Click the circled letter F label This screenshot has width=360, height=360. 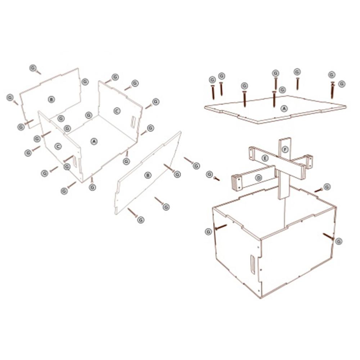285,150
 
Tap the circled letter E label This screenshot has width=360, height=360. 265,158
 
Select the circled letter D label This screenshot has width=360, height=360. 259,178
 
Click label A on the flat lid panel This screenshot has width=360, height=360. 284,109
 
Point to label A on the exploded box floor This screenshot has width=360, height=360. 94,141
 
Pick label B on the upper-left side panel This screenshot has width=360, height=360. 51,99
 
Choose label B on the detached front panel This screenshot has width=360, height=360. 148,175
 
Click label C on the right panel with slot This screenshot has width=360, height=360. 117,111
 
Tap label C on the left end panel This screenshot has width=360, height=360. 58,146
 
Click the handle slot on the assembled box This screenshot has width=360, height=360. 253,265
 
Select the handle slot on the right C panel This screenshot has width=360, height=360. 133,122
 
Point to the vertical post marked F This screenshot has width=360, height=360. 284,169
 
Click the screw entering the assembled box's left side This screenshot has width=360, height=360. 221,227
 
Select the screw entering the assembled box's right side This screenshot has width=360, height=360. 328,236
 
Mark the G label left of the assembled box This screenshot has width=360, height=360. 208,231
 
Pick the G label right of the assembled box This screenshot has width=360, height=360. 339,241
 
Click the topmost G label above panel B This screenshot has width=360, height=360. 33,68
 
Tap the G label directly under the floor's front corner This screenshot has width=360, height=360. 92,187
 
